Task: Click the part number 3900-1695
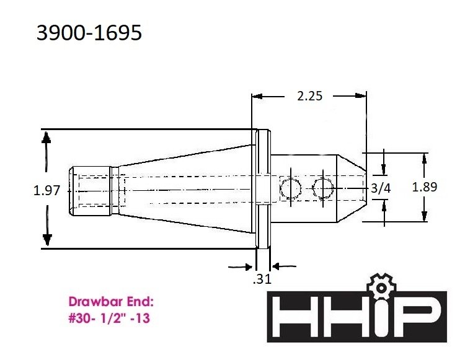[89, 33]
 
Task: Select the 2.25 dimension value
[309, 96]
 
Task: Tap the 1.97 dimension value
[46, 190]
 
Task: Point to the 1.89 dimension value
[425, 187]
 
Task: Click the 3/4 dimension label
[381, 188]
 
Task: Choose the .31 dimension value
[262, 279]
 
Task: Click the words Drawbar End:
[111, 302]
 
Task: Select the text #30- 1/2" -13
[109, 318]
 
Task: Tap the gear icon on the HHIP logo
[381, 286]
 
